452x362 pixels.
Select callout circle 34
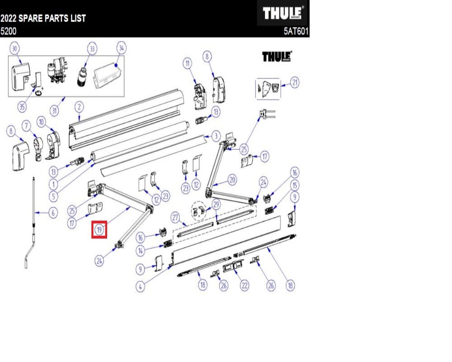121,48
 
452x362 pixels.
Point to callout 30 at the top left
14,48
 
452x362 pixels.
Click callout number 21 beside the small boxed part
295,82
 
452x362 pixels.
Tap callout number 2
79,107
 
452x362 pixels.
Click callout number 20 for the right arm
232,180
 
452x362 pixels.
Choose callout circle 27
175,217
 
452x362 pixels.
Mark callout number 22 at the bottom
245,285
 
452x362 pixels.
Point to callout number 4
141,286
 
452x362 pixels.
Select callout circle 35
22,107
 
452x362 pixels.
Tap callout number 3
216,136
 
